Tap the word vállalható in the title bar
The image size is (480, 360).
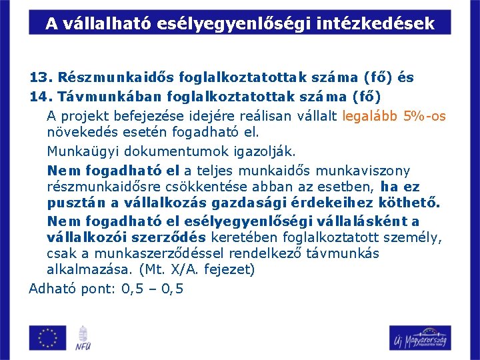[107, 24]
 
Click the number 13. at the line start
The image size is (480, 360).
[41, 77]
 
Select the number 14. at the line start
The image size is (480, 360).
[41, 97]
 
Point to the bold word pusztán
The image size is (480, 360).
[74, 203]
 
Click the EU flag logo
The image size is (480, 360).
[48, 337]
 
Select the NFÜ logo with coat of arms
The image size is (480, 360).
[83, 337]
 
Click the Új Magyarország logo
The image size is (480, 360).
[420, 337]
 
